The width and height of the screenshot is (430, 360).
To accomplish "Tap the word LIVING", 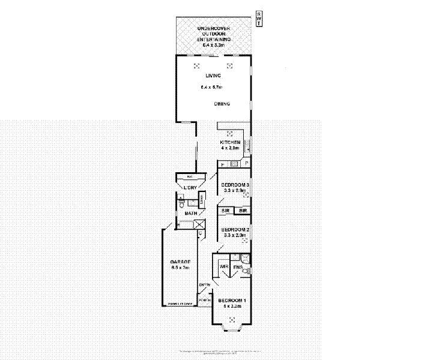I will click(213, 76).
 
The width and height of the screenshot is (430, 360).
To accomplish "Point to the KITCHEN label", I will click(230, 142).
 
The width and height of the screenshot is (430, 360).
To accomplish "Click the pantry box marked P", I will click(246, 164).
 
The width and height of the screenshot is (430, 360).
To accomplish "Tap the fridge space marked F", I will click(222, 164).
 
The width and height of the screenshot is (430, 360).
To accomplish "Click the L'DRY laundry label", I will click(190, 188).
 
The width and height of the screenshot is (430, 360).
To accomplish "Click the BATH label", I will click(191, 213).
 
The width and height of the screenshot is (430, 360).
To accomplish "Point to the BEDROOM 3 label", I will click(235, 184).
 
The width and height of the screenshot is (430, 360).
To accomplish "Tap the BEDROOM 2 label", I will click(235, 230).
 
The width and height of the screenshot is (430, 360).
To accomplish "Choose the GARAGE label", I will click(180, 262).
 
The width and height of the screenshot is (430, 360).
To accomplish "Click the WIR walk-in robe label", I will click(224, 266).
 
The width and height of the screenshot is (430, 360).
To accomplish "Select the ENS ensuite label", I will click(238, 266).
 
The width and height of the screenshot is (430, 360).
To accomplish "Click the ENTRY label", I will click(205, 284).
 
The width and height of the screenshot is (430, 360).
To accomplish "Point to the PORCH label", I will click(204, 298).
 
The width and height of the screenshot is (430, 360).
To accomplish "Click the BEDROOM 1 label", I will click(232, 300).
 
